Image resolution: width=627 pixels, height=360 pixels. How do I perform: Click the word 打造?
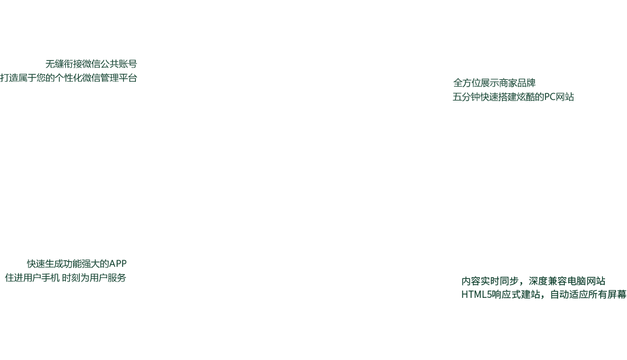click(x=9, y=78)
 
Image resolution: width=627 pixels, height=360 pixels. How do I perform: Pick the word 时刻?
click(x=70, y=278)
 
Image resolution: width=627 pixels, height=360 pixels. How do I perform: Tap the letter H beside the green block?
click(x=464, y=294)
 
